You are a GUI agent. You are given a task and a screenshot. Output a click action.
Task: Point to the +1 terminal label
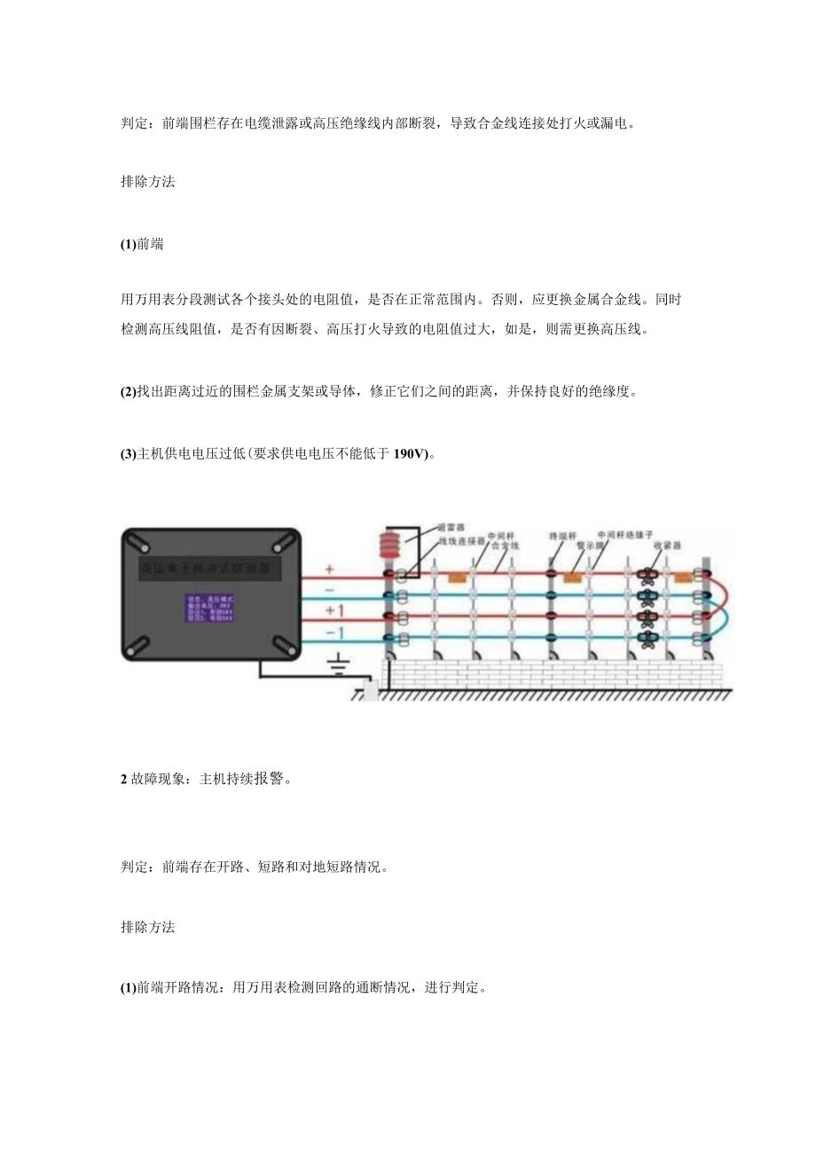(334, 610)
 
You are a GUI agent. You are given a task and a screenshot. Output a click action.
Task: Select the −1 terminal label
(334, 632)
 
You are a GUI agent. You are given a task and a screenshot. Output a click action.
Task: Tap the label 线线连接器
(461, 539)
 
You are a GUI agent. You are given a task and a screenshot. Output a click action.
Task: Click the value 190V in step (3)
(410, 454)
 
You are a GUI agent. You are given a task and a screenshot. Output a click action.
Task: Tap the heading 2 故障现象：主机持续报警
(206, 780)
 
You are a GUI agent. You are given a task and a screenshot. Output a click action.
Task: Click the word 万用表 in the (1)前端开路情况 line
(253, 987)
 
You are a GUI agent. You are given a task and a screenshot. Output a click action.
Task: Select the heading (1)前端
(142, 245)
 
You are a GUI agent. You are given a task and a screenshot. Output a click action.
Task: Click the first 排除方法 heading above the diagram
(148, 182)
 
